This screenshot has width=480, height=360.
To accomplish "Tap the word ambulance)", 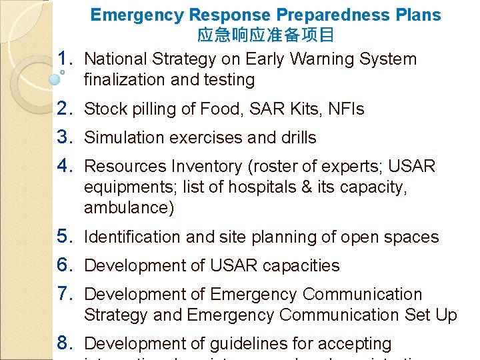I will coord(129,207).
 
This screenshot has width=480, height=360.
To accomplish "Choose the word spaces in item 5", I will coord(413,237).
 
